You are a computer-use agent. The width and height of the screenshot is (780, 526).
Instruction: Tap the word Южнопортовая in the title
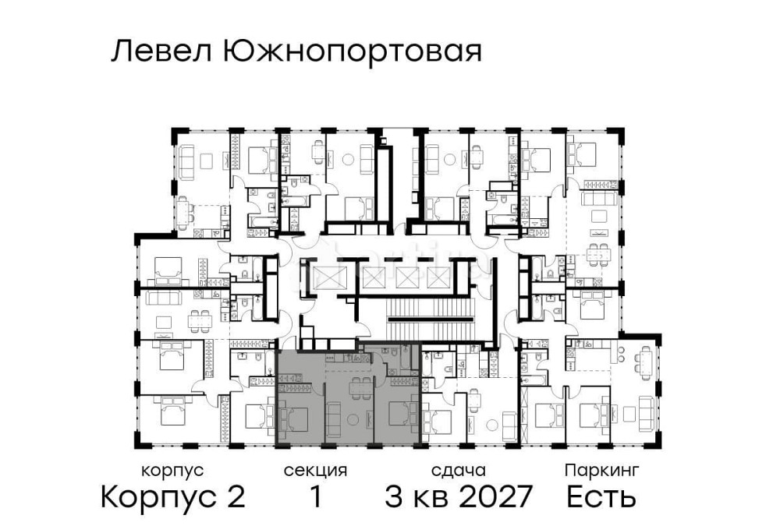pyautogui.click(x=352, y=52)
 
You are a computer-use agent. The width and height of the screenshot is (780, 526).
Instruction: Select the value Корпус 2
pyautogui.click(x=173, y=496)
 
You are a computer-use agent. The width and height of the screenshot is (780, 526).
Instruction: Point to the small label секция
pyautogui.click(x=315, y=471)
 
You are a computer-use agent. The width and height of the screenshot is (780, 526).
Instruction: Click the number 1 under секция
pyautogui.click(x=315, y=496)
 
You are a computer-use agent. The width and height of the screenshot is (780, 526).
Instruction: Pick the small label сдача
pyautogui.click(x=459, y=471)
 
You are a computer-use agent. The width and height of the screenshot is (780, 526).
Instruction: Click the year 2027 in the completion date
pyautogui.click(x=497, y=496)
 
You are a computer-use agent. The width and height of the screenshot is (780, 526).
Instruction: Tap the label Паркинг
pyautogui.click(x=601, y=471)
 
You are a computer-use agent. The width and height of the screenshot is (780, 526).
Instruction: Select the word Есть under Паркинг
pyautogui.click(x=601, y=496)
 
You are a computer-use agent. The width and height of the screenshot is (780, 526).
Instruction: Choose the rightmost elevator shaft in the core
pyautogui.click(x=438, y=277)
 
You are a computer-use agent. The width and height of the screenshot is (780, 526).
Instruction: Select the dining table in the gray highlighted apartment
pyautogui.click(x=360, y=390)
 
